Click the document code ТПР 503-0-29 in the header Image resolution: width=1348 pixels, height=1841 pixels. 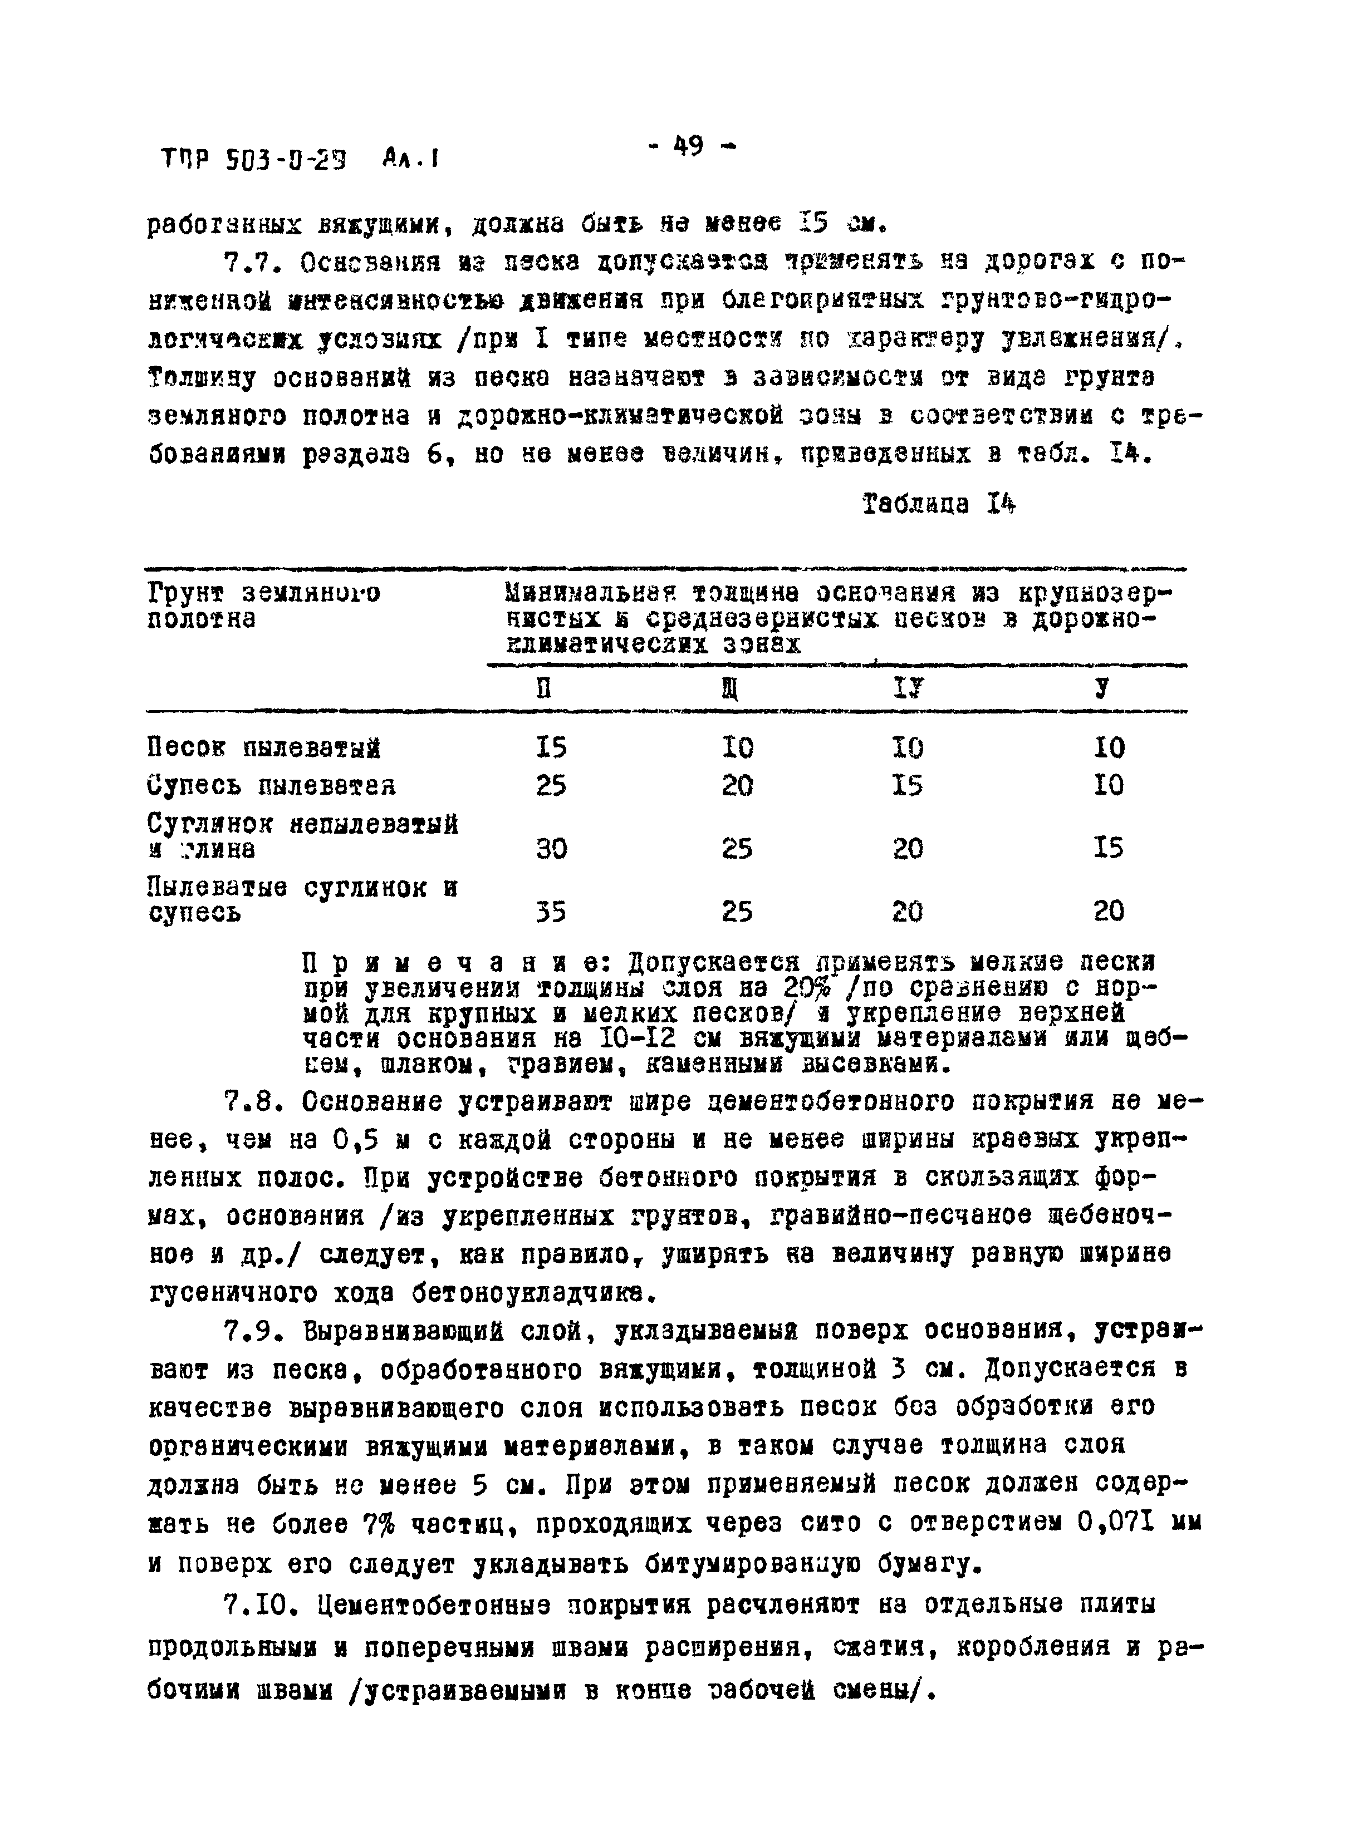coord(253,159)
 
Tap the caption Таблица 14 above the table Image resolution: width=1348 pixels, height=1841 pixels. coord(938,504)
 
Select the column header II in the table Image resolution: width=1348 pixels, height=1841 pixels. coord(543,689)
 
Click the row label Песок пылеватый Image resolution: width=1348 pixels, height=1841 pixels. coord(264,747)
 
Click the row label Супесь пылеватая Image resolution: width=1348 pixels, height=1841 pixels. coord(271,785)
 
